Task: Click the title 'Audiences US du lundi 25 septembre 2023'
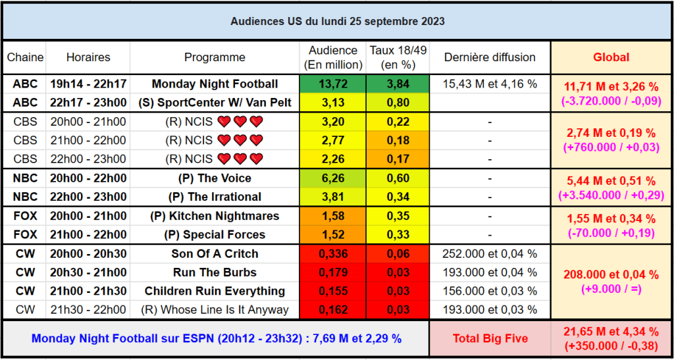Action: [x=337, y=22]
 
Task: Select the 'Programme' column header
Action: [x=215, y=57]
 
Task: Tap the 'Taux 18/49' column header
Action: [x=392, y=57]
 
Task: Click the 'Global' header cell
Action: [x=611, y=57]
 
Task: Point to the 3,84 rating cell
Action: [x=392, y=84]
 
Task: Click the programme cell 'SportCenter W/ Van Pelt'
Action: [x=215, y=103]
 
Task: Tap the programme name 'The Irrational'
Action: [x=215, y=197]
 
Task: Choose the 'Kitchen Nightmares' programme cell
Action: [x=215, y=216]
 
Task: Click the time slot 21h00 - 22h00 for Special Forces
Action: [x=88, y=235]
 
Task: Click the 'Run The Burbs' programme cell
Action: [x=215, y=272]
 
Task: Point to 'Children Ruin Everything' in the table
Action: [x=215, y=291]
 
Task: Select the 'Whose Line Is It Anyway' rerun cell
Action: [x=215, y=310]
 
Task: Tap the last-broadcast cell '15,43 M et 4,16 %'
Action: [x=490, y=84]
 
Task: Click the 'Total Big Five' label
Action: [x=490, y=339]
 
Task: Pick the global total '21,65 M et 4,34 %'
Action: [x=611, y=332]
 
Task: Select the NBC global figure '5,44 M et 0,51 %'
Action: [x=611, y=182]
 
